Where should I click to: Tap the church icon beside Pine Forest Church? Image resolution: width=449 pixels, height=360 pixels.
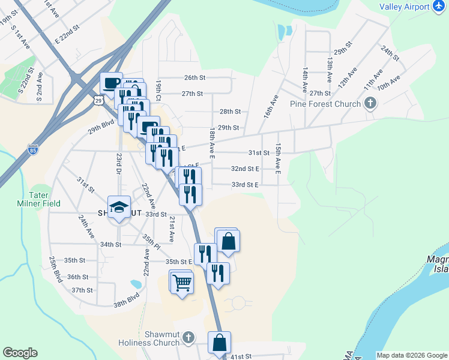[370, 103]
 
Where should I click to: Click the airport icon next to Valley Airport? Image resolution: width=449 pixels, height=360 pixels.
[439, 7]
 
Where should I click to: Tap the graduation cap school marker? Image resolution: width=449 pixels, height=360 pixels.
[119, 207]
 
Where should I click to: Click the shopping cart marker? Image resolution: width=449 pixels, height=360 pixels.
[182, 283]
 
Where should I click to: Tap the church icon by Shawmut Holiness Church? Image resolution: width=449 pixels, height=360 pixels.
[189, 337]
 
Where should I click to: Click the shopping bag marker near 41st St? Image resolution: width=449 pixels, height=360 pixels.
[220, 343]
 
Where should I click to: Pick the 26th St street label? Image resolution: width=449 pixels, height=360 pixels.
[194, 77]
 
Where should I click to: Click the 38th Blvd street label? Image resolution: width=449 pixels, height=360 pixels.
[127, 300]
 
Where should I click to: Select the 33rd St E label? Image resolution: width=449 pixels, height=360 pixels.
[244, 185]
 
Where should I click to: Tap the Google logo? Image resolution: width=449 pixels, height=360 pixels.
[20, 353]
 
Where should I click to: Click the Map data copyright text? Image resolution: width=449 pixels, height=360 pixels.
[411, 355]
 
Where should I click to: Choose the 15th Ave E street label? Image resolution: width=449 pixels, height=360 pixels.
[278, 158]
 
